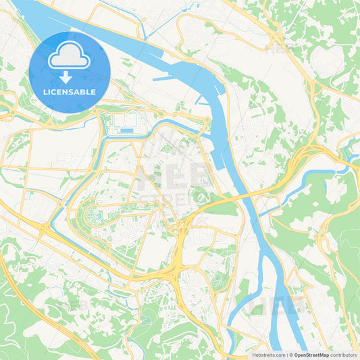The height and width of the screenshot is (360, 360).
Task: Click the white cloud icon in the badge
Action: [70, 56]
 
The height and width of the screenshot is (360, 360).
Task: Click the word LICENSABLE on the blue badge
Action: [70, 93]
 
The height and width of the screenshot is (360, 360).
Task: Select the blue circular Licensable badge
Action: [70, 72]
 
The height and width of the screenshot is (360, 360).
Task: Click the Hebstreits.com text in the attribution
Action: [268, 355]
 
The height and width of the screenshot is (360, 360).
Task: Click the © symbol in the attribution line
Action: [290, 355]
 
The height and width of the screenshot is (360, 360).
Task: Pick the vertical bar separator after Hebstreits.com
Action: [286, 355]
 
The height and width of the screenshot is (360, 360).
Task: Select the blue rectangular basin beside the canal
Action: [128, 130]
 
